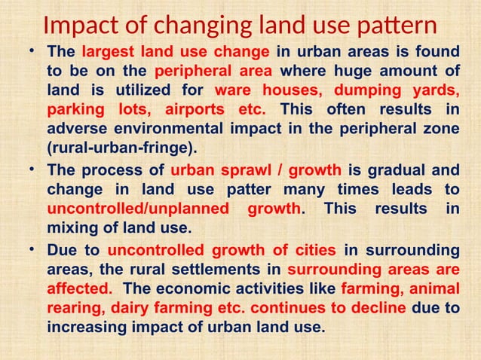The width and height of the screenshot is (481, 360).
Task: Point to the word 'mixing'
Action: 70,225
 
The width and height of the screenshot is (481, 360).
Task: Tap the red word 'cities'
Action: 317,249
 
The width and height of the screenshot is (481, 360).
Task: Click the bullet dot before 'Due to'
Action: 31,248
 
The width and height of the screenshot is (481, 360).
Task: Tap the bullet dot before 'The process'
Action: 31,168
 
